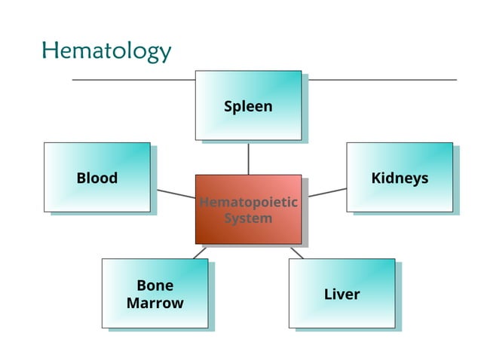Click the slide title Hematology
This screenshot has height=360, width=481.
coord(106,51)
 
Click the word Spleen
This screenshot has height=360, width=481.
coord(248,106)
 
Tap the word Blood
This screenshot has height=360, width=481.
coord(97,178)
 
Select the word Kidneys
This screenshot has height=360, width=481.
coord(400,178)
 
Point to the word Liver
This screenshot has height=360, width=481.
coord(342,294)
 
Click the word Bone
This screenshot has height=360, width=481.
coord(155,285)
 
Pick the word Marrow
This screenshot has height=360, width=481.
coord(155,304)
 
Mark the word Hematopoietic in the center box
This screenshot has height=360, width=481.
coord(248,203)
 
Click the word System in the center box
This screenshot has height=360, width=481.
coord(248,218)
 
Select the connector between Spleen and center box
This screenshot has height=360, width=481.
coord(248,158)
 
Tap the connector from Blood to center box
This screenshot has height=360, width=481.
coord(176,194)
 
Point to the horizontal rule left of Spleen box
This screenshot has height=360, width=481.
coord(133,79)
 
